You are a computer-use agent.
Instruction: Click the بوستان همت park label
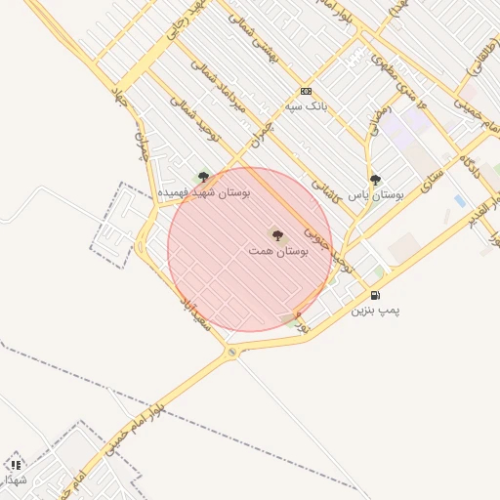(277, 251)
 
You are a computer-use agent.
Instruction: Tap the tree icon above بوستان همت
(276, 234)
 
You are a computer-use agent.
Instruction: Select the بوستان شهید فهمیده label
(205, 192)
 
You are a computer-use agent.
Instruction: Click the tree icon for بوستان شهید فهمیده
(203, 177)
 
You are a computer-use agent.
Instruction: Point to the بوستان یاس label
(376, 194)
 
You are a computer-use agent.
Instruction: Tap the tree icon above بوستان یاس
(375, 179)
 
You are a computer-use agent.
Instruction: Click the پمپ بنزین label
(376, 310)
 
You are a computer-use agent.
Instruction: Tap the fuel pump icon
(375, 295)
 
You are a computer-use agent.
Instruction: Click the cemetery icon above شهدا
(16, 465)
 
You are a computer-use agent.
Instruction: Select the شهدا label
(16, 479)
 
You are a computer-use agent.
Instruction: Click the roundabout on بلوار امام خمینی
(231, 352)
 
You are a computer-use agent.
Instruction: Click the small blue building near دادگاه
(459, 200)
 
